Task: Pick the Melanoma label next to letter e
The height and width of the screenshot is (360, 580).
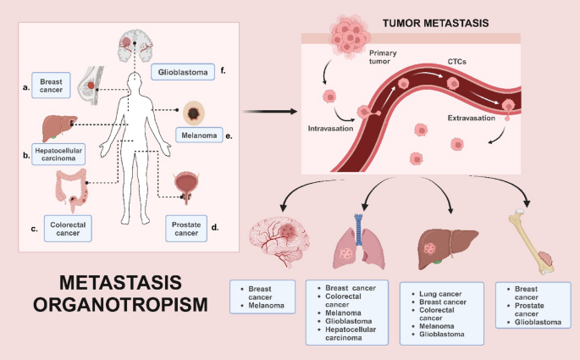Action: (197, 134)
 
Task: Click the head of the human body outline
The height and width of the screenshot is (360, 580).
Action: (135, 82)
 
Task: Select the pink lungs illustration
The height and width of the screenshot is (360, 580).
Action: (359, 241)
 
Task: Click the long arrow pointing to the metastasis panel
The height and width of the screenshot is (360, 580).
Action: (269, 111)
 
